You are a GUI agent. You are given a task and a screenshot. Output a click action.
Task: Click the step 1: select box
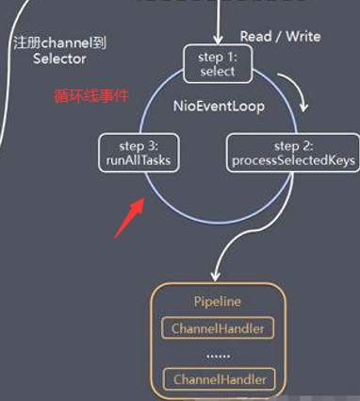217,64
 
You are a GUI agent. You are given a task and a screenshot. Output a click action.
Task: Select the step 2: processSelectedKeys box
292,153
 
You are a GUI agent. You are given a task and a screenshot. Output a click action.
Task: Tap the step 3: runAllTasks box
139,153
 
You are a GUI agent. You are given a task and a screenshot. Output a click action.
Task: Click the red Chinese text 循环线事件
91,96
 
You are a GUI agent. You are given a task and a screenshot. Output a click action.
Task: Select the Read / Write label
280,36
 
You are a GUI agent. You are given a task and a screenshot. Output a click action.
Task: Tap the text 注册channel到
60,43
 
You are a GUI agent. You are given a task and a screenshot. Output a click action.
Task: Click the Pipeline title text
218,301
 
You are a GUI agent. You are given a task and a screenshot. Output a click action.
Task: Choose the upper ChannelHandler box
218,328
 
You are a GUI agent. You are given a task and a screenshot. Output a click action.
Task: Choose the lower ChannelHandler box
218,379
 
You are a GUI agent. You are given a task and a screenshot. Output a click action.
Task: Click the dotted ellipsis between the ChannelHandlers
218,355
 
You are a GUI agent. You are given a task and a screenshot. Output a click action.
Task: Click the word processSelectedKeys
292,160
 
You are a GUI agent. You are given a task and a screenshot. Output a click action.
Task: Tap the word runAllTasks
139,160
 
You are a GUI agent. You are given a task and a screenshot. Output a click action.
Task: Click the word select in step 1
217,72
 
